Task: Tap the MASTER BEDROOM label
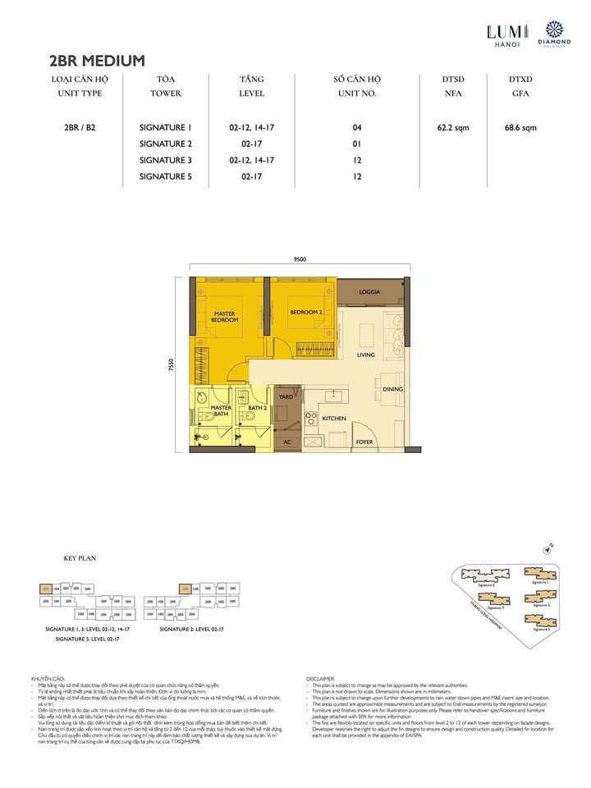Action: pos(226,316)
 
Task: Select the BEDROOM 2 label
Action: pos(305,312)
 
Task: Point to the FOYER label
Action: pos(364,442)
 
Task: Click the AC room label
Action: pos(287,442)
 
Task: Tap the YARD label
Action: pos(286,396)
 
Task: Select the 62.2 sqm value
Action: pos(452,127)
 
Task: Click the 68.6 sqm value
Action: pos(520,127)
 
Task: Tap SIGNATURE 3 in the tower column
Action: pos(165,159)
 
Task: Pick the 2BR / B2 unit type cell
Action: pos(80,127)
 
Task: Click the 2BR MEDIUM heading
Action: pos(97,60)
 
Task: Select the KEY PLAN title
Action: pos(80,558)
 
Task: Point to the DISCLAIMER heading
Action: pos(320,679)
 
